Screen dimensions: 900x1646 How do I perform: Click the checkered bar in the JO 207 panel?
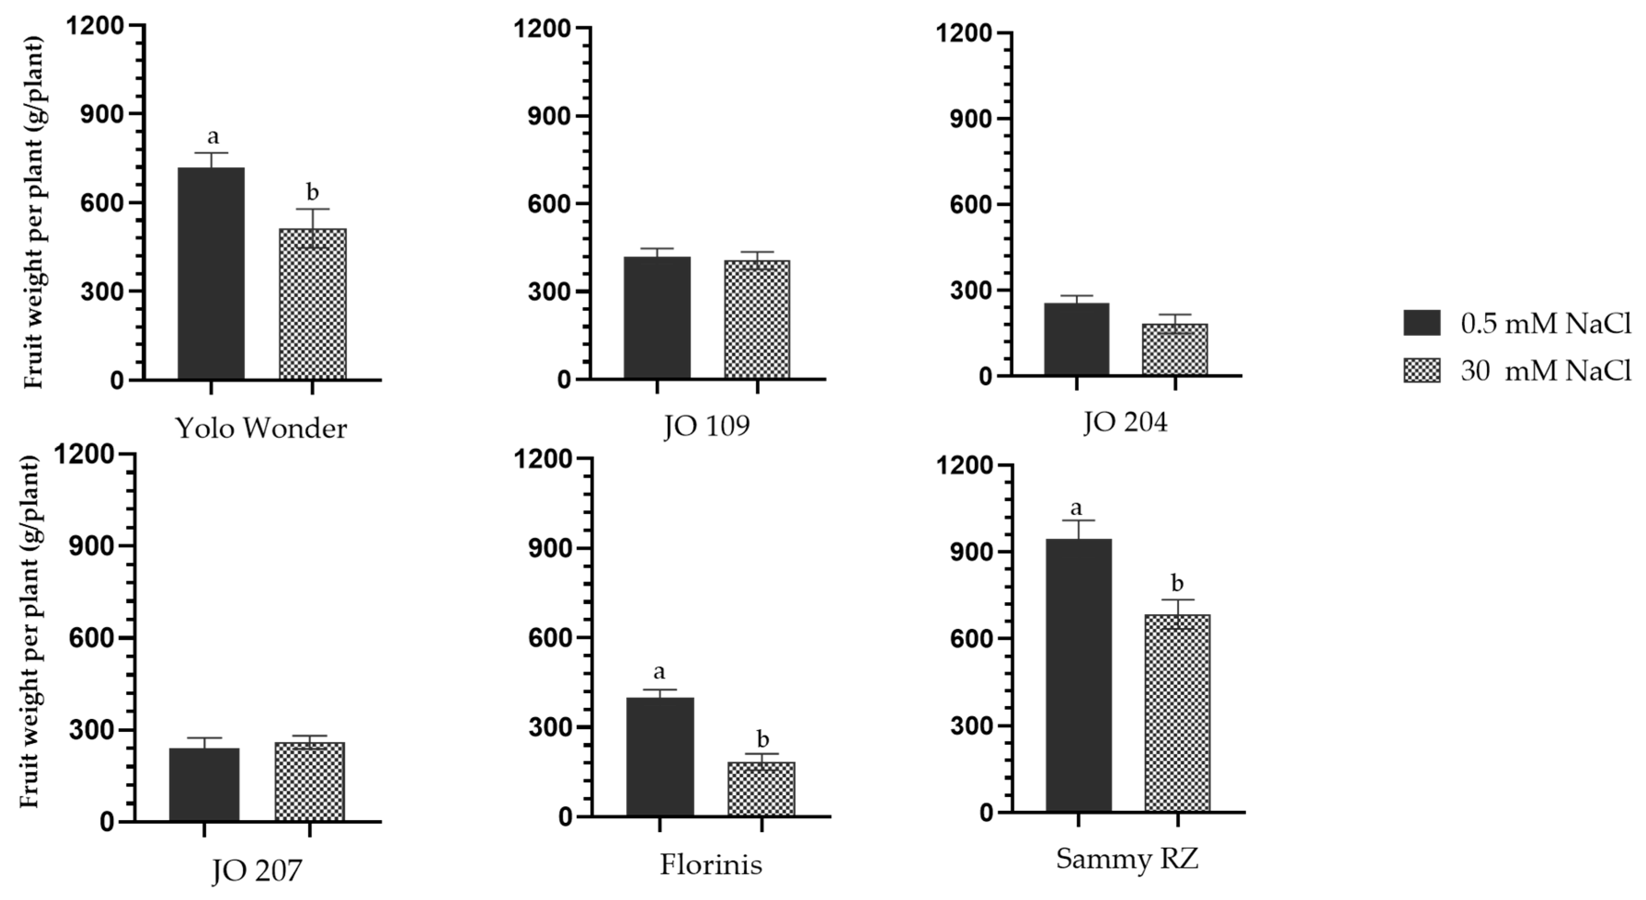click(x=309, y=782)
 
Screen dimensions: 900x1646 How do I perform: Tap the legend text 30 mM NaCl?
click(x=1545, y=370)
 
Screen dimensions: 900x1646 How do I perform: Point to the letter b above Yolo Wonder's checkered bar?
click(x=312, y=192)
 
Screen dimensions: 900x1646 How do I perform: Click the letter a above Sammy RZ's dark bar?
click(x=1076, y=509)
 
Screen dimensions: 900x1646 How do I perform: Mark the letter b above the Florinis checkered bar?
click(x=762, y=740)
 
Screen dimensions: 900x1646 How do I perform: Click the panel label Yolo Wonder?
click(x=261, y=428)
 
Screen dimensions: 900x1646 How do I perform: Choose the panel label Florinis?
click(x=711, y=865)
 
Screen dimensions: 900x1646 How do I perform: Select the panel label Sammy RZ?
click(x=1127, y=859)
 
